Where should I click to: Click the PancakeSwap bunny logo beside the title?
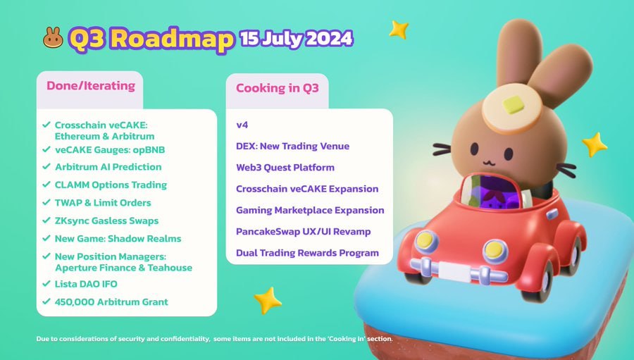coord(53,37)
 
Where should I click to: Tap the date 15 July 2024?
coord(297,39)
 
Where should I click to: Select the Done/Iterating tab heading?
coord(91,86)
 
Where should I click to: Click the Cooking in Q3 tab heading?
coord(278,88)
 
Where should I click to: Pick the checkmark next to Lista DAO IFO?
coord(46,283)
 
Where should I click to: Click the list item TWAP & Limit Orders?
coord(103,203)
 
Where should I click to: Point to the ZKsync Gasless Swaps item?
coord(107,221)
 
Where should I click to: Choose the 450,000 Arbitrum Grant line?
coord(111,302)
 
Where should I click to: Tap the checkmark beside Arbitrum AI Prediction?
coord(46,166)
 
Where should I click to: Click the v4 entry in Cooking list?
coord(242,125)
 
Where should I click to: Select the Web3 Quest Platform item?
coord(285,168)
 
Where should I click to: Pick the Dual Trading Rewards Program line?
coord(307,253)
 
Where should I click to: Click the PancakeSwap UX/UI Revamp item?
coord(303,231)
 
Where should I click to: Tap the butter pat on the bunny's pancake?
coord(513,104)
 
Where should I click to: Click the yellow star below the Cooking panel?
coord(267,300)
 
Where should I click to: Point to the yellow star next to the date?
coord(399,30)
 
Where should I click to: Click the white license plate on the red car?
coord(454,271)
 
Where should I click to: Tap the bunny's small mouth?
coord(488,163)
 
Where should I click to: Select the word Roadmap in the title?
coord(172,39)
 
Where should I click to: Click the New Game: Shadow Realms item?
coord(118,239)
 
